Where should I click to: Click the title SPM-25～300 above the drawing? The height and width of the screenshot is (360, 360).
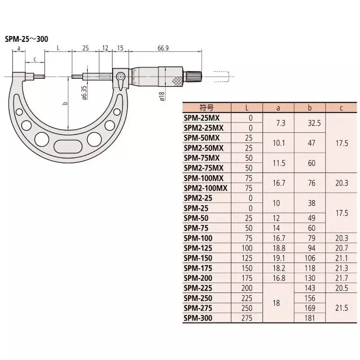[x=27, y=39]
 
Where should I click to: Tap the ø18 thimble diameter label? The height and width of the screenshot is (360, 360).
[x=162, y=95]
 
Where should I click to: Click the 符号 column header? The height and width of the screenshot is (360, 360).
[x=206, y=108]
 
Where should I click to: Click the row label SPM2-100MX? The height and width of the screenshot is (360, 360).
[x=206, y=188]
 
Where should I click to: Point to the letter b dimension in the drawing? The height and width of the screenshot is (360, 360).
[x=65, y=104]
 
